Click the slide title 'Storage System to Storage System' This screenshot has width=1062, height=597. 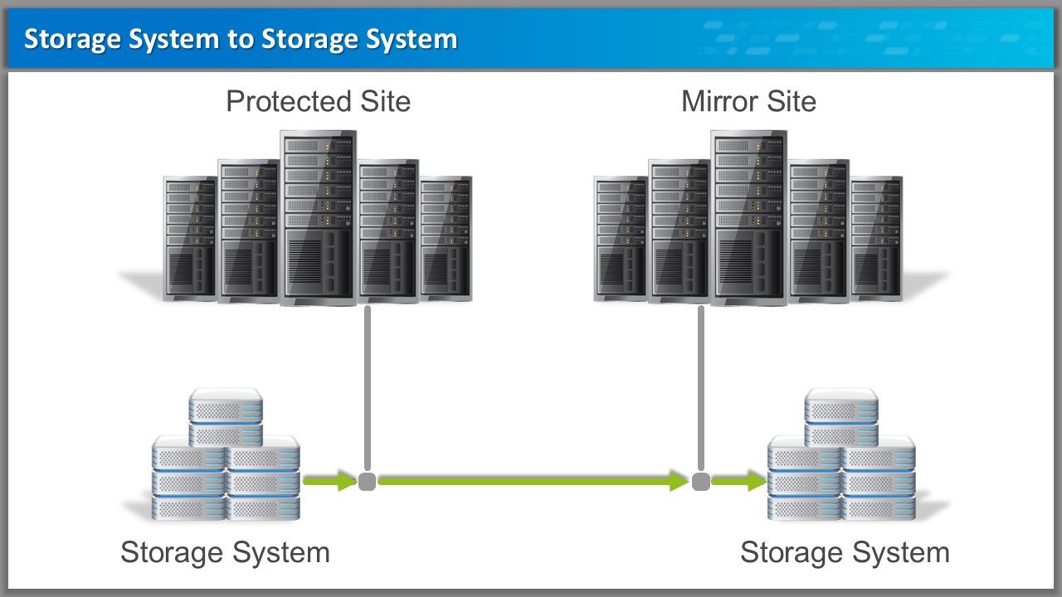click(241, 39)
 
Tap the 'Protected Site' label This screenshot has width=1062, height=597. click(318, 102)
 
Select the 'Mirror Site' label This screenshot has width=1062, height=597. click(748, 102)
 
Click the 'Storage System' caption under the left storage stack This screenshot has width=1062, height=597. click(225, 552)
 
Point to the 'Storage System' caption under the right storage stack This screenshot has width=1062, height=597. click(845, 552)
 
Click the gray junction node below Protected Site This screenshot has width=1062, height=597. click(368, 481)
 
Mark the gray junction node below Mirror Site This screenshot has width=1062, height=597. click(701, 481)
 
